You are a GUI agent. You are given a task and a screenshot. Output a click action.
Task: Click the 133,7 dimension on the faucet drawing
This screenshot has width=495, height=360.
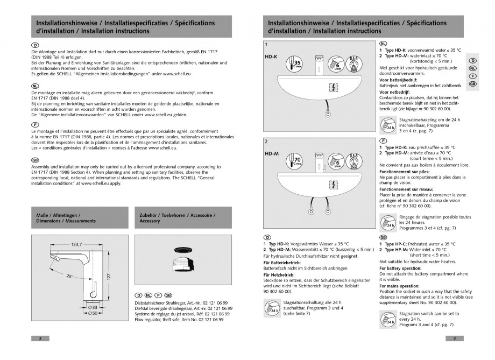(x=77, y=244)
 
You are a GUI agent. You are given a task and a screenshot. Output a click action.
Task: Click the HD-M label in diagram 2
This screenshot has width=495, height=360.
(x=272, y=153)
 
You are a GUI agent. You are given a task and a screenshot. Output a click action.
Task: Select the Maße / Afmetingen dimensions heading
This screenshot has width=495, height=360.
(x=66, y=218)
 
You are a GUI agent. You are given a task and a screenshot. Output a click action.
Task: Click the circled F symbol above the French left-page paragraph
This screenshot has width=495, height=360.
(x=35, y=124)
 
